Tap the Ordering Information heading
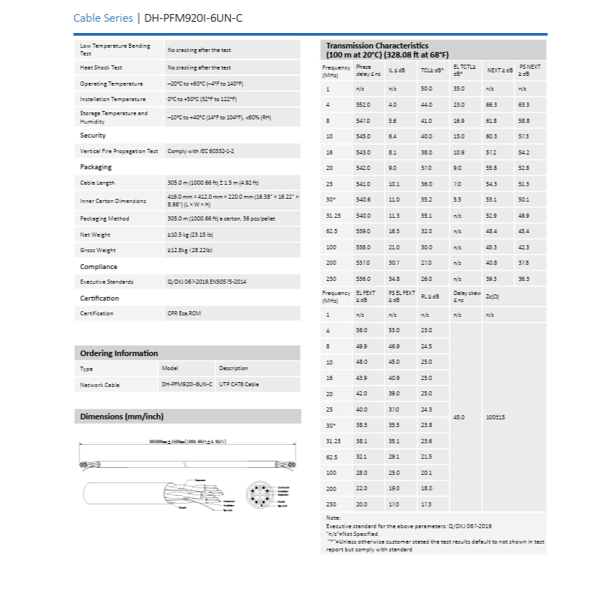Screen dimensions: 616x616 point(119,353)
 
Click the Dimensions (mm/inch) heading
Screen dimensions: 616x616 point(122,417)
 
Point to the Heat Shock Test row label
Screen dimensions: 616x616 point(101,68)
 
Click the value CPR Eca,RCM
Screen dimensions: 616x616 point(184,313)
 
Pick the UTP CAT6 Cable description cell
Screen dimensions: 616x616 point(239,385)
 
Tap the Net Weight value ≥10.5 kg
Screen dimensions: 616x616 point(190,235)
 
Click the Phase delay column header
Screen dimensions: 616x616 point(368,70)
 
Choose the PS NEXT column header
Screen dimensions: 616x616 point(530,70)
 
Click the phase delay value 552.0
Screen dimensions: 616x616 point(363,105)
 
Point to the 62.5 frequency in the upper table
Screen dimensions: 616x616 point(333,231)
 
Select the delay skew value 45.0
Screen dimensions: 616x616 point(459,417)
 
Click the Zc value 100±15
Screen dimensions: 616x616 point(495,417)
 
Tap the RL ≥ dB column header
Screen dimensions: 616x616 point(430,296)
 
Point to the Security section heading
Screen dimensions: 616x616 point(93,136)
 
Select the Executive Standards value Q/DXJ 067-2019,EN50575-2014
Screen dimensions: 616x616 point(207,282)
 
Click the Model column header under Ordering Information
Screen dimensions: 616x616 point(170,368)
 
